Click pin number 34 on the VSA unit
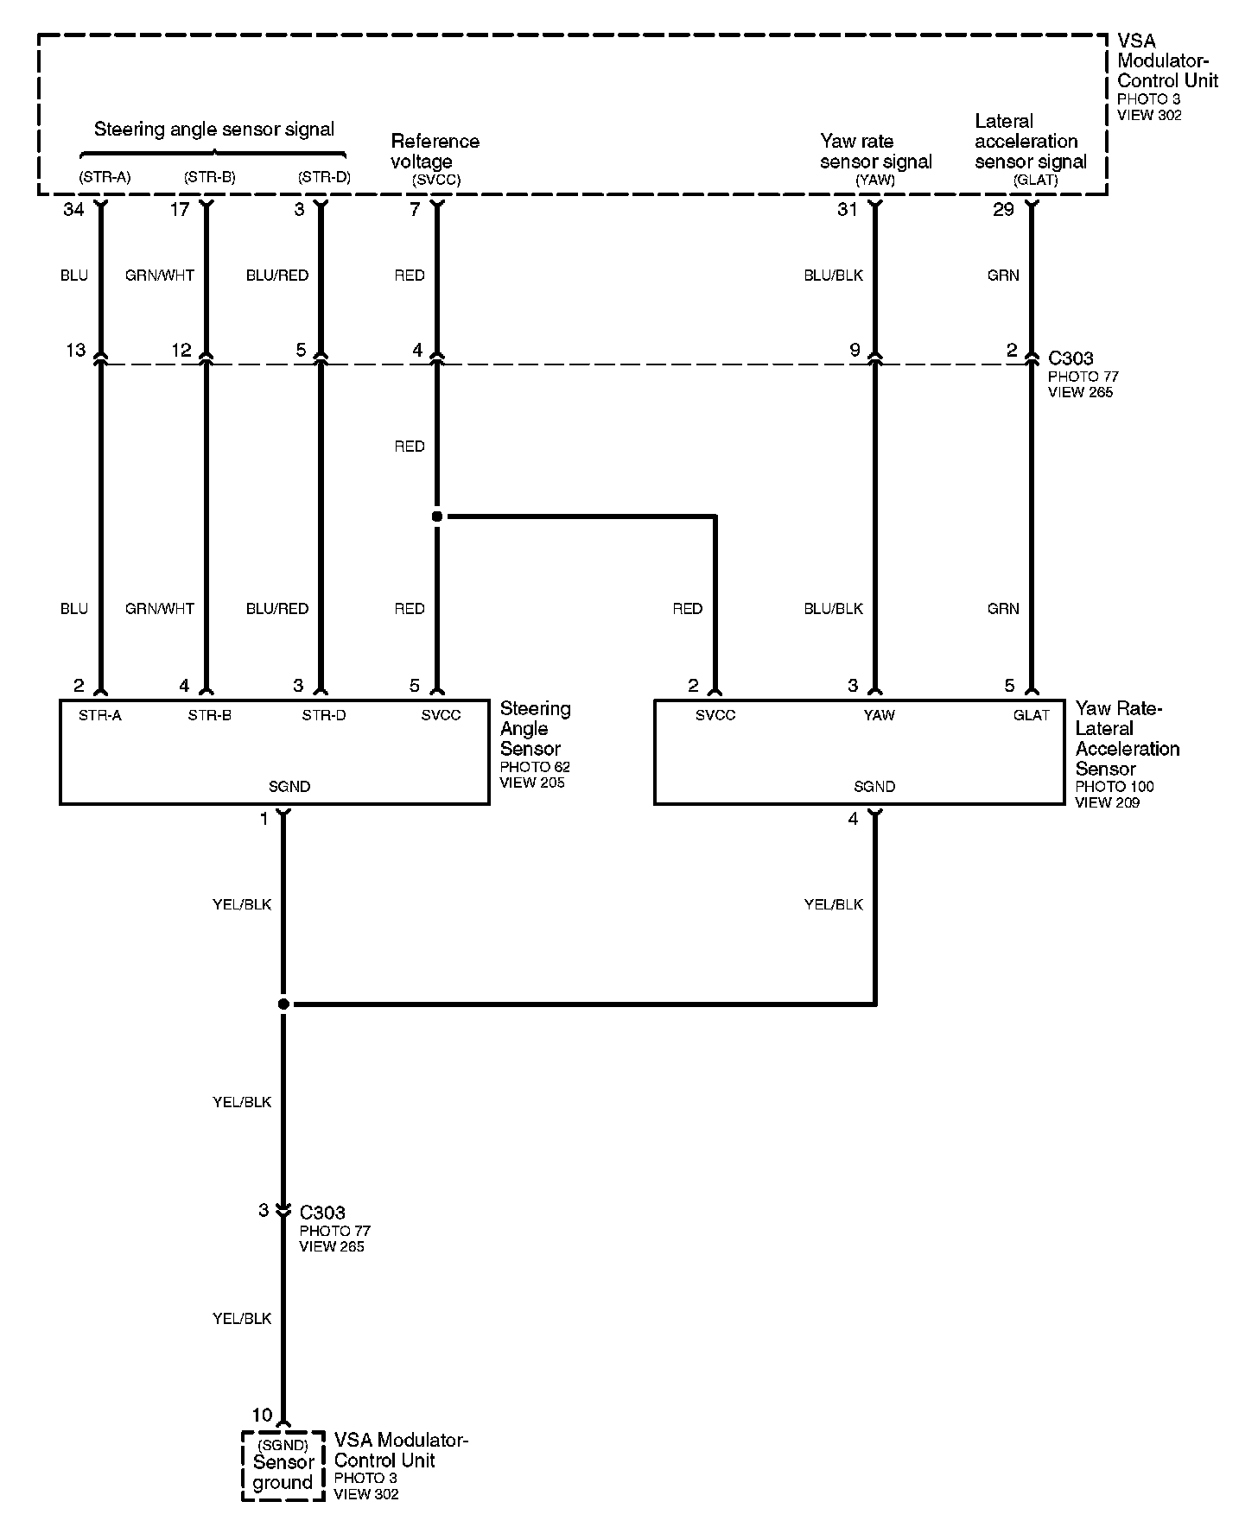coord(73,210)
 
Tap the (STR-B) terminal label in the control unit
coord(209,178)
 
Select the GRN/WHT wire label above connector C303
coord(160,276)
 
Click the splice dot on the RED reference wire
coord(437,516)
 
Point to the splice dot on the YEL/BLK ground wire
coord(283,1004)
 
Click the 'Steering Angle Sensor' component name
coord(535,729)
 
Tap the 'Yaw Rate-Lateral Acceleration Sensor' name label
coord(1127,738)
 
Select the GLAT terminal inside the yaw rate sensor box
coord(1031,715)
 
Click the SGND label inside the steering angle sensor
coord(289,787)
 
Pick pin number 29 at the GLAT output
coord(1003,210)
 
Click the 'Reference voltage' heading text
coord(435,151)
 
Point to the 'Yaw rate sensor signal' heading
coord(875,151)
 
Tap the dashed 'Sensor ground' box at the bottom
coord(283,1466)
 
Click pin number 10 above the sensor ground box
coord(262,1416)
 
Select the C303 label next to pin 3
coord(322,1213)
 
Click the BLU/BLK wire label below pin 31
coord(833,276)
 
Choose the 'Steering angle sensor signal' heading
coord(213,130)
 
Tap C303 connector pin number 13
coord(76,350)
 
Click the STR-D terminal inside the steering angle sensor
coord(324,715)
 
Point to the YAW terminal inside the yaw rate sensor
coord(879,715)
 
